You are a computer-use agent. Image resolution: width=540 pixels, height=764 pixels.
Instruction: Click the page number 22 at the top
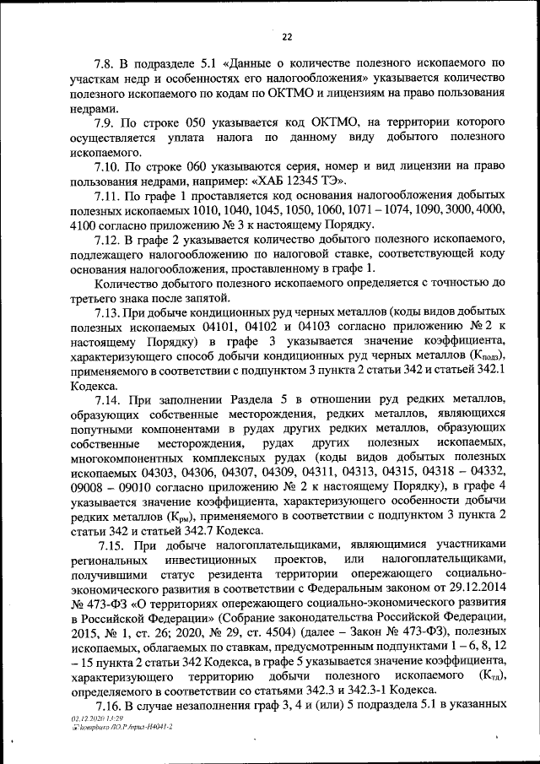(286, 36)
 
